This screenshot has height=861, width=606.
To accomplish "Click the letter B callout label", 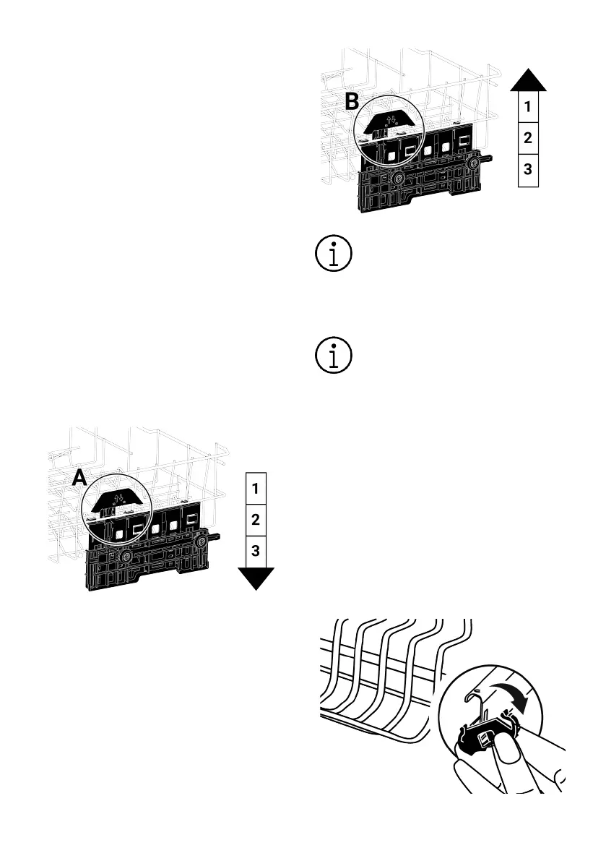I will (x=352, y=102).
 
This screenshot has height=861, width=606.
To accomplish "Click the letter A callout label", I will (x=79, y=476).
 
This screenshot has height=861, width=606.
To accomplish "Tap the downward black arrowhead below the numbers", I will (x=256, y=578).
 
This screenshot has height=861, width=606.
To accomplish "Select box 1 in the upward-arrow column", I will (x=528, y=107).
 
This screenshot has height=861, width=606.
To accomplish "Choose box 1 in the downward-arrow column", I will (x=256, y=487).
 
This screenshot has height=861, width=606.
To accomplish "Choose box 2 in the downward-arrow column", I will (x=256, y=519).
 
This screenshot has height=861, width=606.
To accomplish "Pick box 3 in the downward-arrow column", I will (x=256, y=551).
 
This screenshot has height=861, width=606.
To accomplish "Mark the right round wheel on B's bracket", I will (x=473, y=163).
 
